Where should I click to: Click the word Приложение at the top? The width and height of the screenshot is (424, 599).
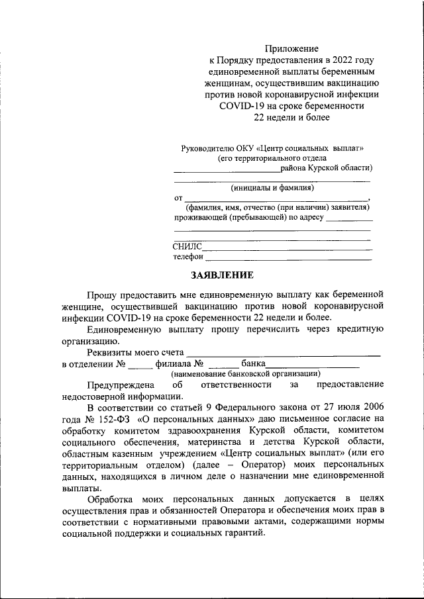point(292,48)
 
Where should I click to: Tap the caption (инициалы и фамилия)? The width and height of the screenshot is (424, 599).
point(272,187)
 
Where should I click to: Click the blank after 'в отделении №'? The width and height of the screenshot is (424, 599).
point(141,365)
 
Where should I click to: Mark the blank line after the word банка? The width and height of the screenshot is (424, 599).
point(312,365)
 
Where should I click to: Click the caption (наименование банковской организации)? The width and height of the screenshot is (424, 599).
point(246,373)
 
